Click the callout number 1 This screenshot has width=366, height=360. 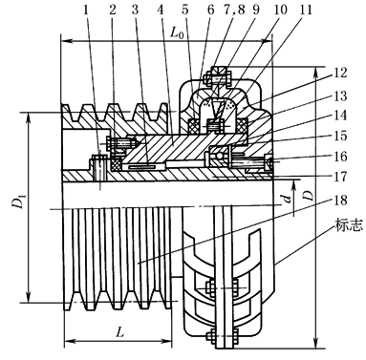85,10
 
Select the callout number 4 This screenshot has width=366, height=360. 161,10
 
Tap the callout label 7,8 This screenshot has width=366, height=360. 234,10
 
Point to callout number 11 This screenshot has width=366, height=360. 305,10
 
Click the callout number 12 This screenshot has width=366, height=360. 340,73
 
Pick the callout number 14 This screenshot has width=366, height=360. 340,115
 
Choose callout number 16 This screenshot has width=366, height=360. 340,157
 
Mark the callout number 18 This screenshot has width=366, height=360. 340,201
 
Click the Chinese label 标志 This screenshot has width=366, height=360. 348,225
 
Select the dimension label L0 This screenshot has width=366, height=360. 178,32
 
